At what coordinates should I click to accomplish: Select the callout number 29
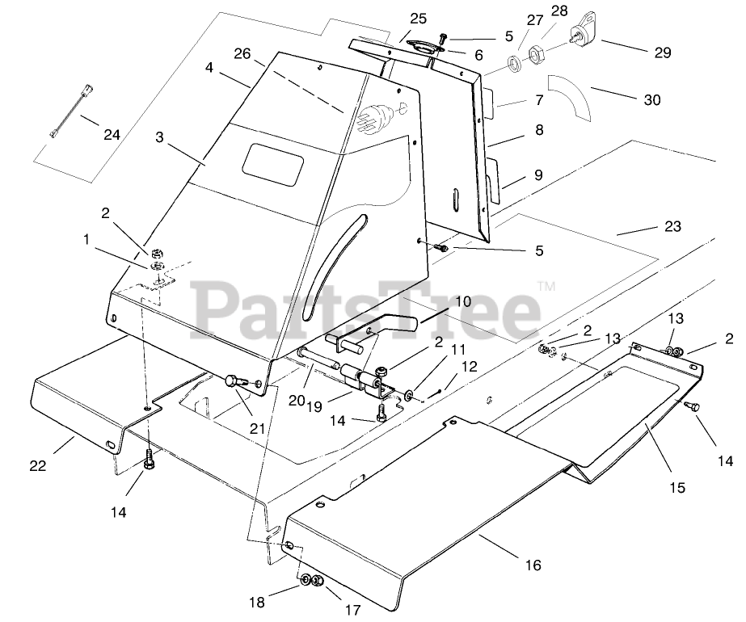point(663,53)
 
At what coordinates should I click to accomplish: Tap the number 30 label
point(651,100)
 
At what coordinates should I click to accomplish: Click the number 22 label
point(38,466)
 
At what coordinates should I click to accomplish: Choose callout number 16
point(533,565)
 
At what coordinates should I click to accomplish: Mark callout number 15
point(676,487)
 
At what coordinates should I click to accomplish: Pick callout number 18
point(256,602)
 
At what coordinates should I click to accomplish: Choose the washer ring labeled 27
point(512,62)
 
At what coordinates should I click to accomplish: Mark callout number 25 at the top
point(418,18)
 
